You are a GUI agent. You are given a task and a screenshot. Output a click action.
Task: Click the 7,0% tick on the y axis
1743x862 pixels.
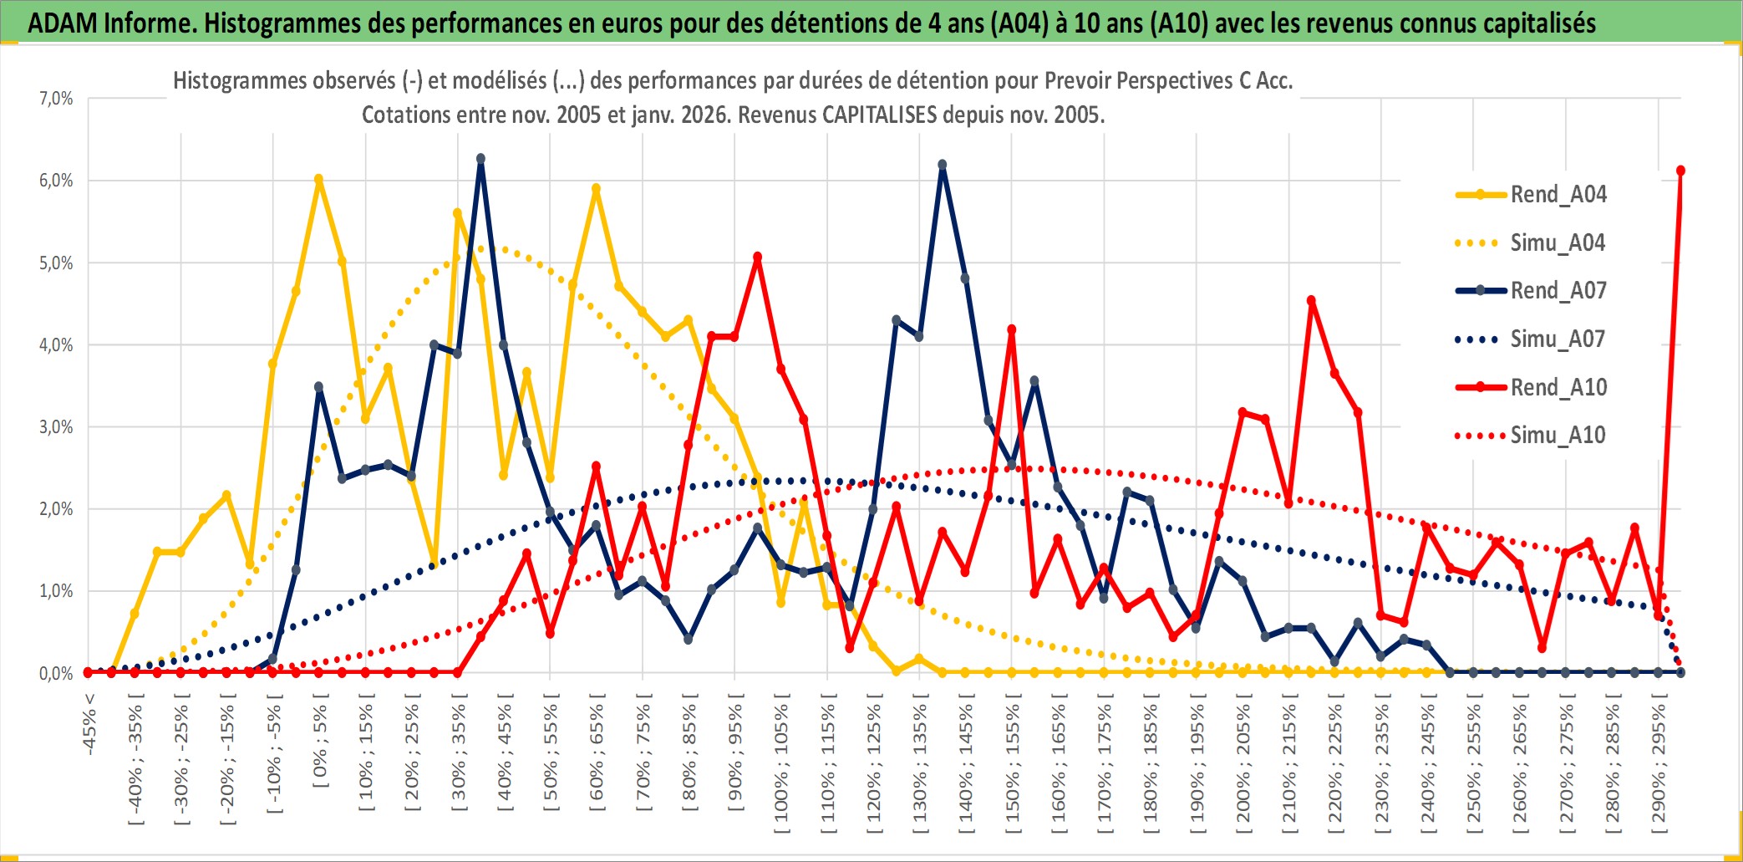[x=56, y=99]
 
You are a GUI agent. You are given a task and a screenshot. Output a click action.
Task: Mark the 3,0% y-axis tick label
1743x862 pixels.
[x=56, y=427]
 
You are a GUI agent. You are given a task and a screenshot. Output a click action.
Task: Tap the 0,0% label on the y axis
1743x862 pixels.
[x=56, y=674]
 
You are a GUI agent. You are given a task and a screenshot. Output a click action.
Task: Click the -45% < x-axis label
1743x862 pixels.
[x=89, y=724]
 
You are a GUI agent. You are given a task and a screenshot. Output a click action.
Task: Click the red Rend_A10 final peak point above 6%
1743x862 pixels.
[x=1680, y=171]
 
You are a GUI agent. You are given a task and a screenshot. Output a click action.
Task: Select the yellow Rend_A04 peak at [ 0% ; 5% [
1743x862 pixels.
[x=318, y=179]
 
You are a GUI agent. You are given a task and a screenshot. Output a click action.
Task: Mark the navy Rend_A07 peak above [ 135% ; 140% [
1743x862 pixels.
[x=943, y=165]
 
